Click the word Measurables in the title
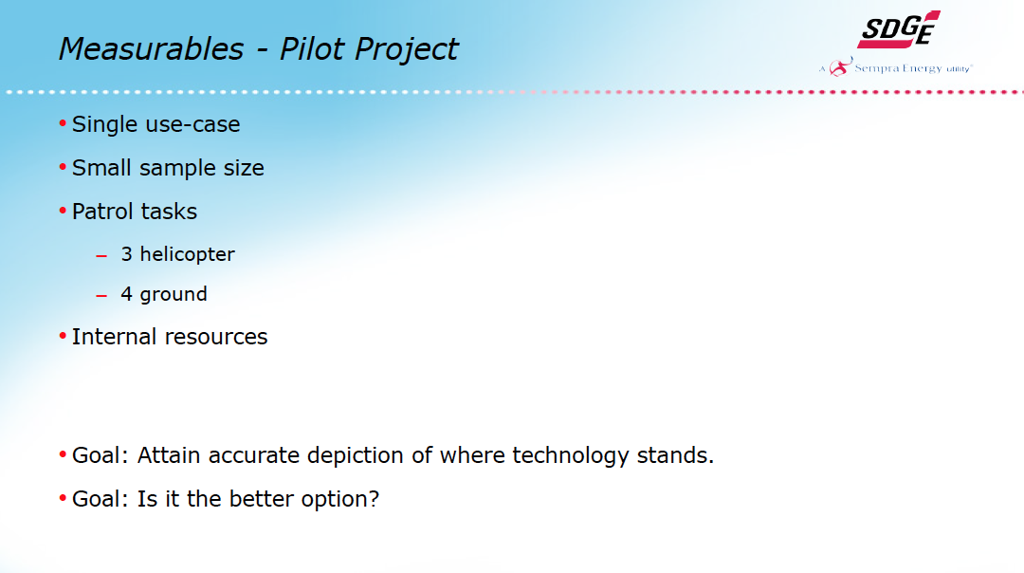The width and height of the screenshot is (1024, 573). (152, 49)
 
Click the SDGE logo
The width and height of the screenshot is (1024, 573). (899, 29)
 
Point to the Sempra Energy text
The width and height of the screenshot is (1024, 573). (898, 68)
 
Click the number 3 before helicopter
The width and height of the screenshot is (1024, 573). (127, 254)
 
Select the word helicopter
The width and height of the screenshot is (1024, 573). (188, 255)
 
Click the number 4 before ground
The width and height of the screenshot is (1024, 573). (127, 294)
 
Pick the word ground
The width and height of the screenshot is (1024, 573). (174, 295)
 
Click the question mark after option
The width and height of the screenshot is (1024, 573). (374, 499)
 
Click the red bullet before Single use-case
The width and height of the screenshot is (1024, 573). (63, 122)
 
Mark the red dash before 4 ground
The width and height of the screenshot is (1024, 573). (101, 296)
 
